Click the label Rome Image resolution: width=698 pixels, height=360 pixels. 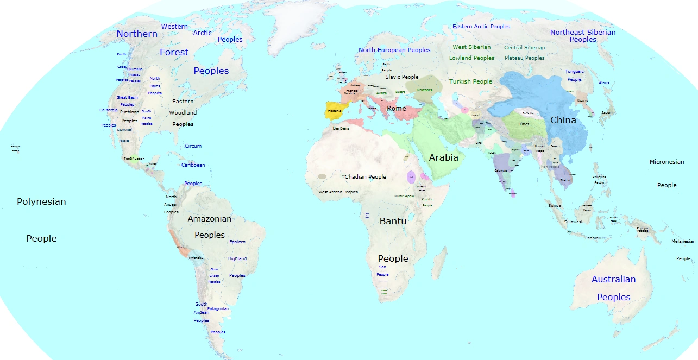(396, 109)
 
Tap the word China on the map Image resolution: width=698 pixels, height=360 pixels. (563, 120)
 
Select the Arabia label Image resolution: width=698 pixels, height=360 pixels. (444, 158)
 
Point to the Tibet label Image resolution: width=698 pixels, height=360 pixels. (524, 124)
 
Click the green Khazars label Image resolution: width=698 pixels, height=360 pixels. (424, 90)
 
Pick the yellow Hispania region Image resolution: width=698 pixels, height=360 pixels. (335, 111)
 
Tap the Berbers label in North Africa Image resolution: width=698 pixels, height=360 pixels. (341, 128)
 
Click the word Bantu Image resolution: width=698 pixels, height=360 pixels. (393, 221)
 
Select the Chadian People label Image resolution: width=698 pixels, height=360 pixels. (365, 177)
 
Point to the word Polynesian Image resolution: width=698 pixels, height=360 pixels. (41, 201)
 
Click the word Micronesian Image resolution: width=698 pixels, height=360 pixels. (666, 162)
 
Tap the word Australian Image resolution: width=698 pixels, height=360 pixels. (613, 279)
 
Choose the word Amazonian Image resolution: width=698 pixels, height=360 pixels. (209, 219)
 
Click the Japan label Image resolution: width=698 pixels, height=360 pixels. (607, 113)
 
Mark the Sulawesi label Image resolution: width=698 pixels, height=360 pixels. (572, 222)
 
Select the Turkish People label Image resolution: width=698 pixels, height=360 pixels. (470, 81)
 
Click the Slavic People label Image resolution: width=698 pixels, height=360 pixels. (402, 77)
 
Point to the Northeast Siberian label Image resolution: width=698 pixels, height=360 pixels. (583, 32)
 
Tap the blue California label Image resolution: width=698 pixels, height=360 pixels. (108, 110)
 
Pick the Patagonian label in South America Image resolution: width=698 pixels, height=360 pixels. (218, 308)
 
